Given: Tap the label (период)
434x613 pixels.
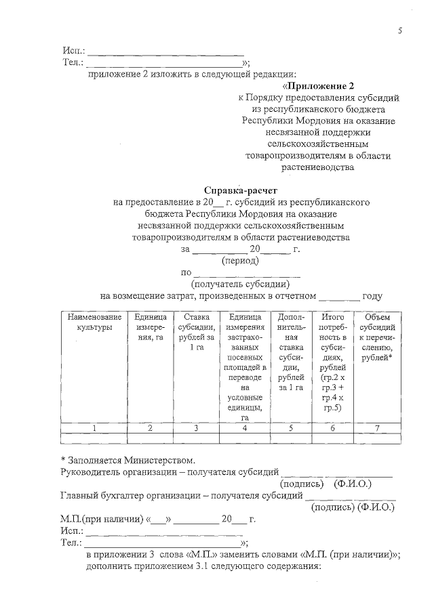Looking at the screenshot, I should tap(241, 260).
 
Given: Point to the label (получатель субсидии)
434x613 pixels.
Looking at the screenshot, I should tap(241, 284).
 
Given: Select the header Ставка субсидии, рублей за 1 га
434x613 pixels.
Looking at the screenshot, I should tap(196, 332).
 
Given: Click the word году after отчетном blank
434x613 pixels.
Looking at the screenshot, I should tap(373, 295).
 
